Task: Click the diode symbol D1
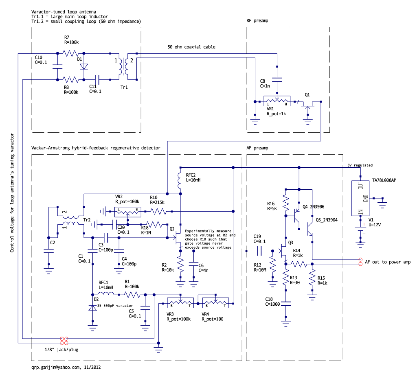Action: pos(84,66)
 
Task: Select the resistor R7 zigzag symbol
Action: pos(71,53)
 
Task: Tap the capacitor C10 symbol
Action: pos(57,66)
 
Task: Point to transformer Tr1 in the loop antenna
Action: pos(123,66)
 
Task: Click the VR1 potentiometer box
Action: pos(277,101)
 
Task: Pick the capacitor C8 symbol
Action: pos(277,80)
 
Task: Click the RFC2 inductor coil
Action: pos(180,181)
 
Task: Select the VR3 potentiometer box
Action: pos(180,302)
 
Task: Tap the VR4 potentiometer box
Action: pos(215,302)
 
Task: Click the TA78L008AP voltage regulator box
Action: pos(360,198)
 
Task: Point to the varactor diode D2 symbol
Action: pos(92,308)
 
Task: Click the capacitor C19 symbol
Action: pos(259,251)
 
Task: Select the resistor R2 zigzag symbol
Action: pos(180,264)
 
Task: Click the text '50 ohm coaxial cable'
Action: pos(191,47)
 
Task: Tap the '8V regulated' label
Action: pos(360,165)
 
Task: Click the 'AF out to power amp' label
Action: pos(388,262)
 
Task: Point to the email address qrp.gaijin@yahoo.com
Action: pos(55,367)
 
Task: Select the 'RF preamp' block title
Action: pos(257,20)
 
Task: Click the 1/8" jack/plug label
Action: pos(61,350)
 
